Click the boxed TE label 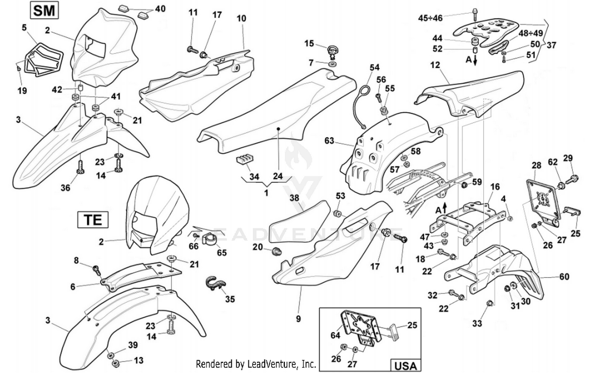point(93,220)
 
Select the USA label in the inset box point(405,365)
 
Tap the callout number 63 point(329,141)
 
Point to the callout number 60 point(564,276)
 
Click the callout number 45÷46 point(430,18)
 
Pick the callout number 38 point(294,198)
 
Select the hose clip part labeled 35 point(216,282)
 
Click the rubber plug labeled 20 point(276,252)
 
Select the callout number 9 point(298,319)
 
